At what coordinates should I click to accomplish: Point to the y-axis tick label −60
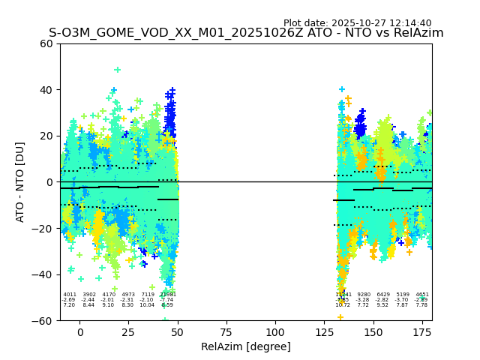tap(45, 321)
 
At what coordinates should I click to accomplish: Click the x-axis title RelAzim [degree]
tap(245, 346)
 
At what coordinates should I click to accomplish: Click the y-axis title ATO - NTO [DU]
tap(20, 182)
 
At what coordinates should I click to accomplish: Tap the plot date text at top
tap(357, 23)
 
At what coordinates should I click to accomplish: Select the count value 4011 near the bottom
tap(70, 295)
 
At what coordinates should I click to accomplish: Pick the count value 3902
tap(89, 295)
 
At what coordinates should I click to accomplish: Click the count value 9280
tap(364, 295)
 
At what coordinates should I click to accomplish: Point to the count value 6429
tap(383, 295)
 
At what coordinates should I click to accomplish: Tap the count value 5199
tap(403, 295)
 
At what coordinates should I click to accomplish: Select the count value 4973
tap(128, 295)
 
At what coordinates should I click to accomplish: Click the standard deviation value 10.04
tap(147, 305)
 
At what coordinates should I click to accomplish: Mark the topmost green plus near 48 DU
tap(117, 70)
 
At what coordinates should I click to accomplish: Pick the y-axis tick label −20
tap(45, 229)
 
